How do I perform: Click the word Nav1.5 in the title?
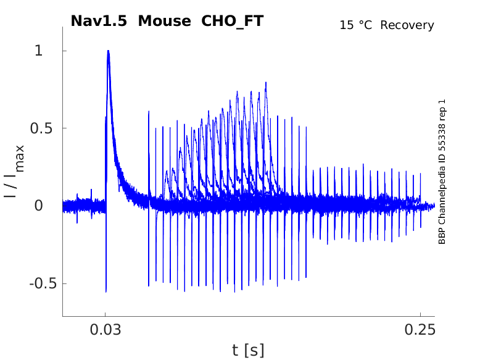pyautogui.click(x=99, y=21)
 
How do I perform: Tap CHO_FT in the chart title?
pyautogui.click(x=229, y=21)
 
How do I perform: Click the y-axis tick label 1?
pyautogui.click(x=39, y=51)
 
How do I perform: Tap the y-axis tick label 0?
pyautogui.click(x=39, y=206)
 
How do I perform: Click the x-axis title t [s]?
pyautogui.click(x=248, y=351)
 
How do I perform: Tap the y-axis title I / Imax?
pyautogui.click(x=14, y=171)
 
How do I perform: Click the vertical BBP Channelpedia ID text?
pyautogui.click(x=442, y=172)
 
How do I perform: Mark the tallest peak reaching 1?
pyautogui.click(x=108, y=51)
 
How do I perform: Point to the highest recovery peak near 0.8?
pyautogui.click(x=266, y=82)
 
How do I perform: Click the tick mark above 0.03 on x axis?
pyautogui.click(x=106, y=314)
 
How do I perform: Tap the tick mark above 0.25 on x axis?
pyautogui.click(x=420, y=314)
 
